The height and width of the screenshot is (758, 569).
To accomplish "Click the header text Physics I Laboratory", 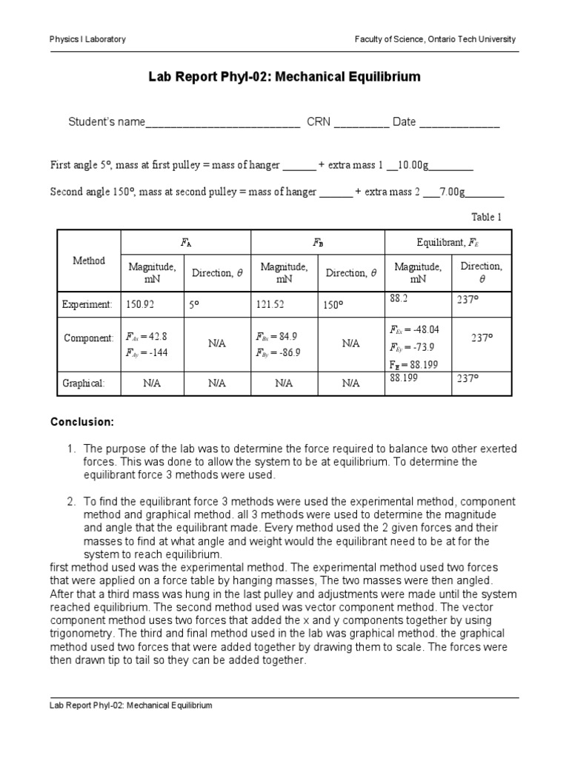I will coord(87,39).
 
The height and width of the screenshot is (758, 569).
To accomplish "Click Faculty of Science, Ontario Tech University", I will coord(436,39).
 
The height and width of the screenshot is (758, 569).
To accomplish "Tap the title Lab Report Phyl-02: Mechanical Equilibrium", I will coord(284,76).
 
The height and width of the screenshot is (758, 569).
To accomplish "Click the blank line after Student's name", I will coord(223,123).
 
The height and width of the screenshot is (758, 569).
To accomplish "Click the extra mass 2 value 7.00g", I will coord(451,192).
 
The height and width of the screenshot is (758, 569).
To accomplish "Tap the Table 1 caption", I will coord(487,217).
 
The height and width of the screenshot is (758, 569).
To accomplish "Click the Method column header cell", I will coord(89,261).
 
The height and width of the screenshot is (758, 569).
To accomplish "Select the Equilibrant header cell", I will coord(451,242).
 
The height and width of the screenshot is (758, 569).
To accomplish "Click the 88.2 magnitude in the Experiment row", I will coord(400,298).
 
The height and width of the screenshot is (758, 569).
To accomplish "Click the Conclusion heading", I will coord(82,422).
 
